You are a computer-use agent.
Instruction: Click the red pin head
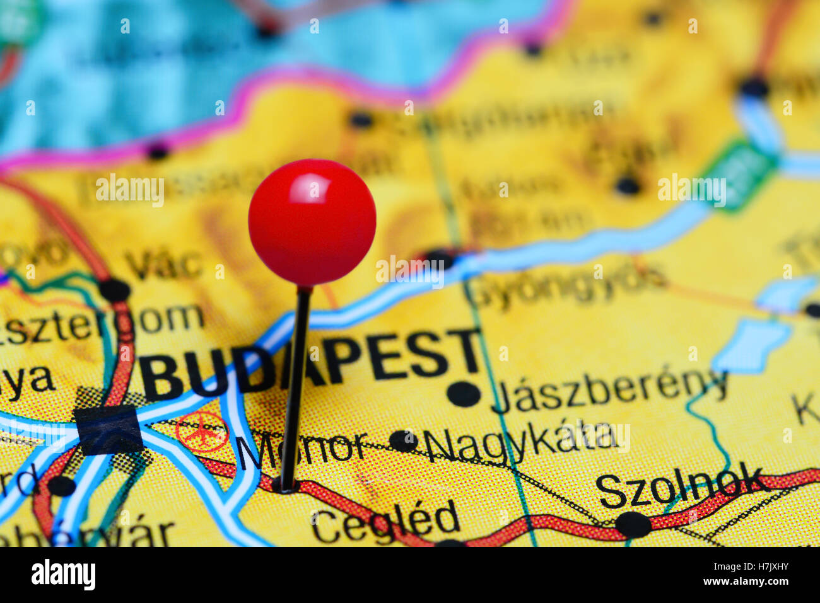pyautogui.click(x=312, y=222)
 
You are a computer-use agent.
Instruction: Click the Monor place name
pyautogui.click(x=302, y=449)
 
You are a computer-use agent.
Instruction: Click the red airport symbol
pyautogui.click(x=201, y=432)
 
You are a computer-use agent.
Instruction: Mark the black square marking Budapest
pyautogui.click(x=108, y=430)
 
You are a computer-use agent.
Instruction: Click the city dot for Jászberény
pyautogui.click(x=464, y=394)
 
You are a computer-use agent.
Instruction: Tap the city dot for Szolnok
pyautogui.click(x=633, y=524)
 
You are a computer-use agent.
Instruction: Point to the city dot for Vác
pyautogui.click(x=115, y=290)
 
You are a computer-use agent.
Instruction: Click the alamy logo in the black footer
pyautogui.click(x=63, y=575)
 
